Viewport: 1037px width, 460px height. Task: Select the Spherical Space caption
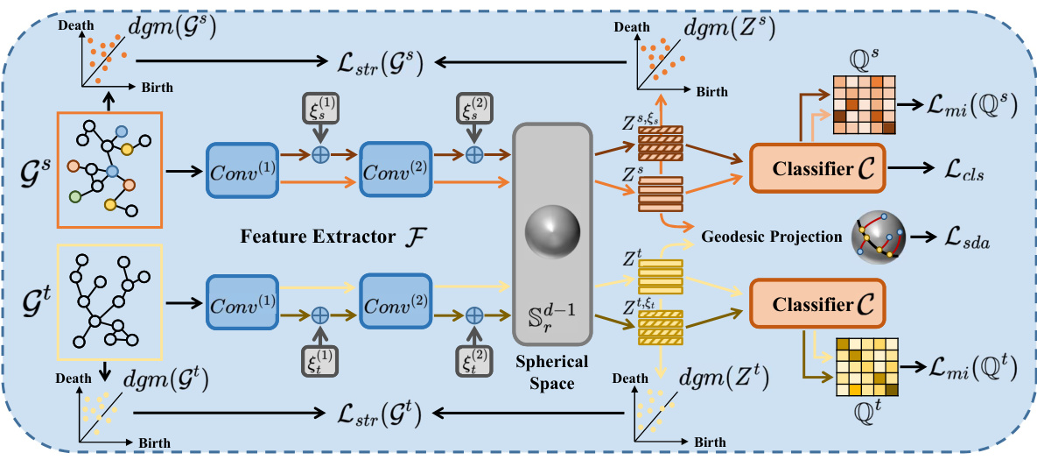[x=552, y=372]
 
